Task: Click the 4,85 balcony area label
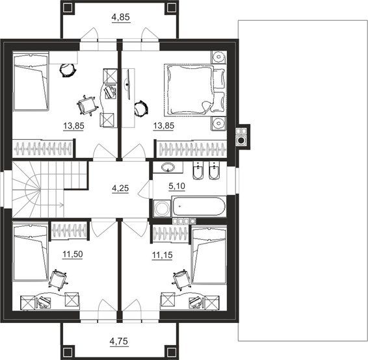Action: pos(121,18)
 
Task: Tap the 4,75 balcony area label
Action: pos(119,341)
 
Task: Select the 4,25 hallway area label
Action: pos(120,188)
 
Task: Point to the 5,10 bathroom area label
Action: pos(177,186)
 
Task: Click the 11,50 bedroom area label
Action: pos(73,254)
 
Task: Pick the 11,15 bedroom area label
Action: pos(163,255)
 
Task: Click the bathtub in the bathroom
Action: pos(199,207)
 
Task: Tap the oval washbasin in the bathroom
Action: pos(168,167)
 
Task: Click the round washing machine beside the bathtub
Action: pos(162,208)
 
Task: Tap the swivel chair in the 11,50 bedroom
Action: pos(58,280)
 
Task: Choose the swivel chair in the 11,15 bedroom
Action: pos(182,279)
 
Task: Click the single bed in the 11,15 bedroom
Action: pos(209,255)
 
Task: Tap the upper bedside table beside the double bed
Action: pos(218,57)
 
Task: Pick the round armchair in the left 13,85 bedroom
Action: pos(68,70)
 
